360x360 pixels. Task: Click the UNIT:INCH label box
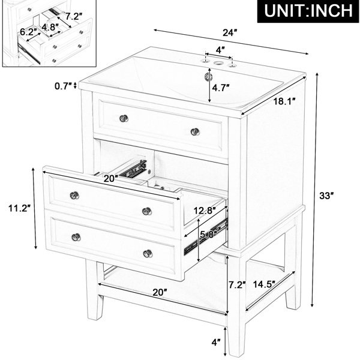(308, 11)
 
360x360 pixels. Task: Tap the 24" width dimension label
(230, 33)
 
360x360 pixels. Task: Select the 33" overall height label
(326, 196)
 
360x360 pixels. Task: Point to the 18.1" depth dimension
(284, 101)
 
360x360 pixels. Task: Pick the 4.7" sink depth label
(221, 88)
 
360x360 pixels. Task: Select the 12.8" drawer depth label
(205, 211)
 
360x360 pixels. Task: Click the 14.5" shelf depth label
(264, 284)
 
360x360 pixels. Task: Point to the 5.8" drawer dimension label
(208, 235)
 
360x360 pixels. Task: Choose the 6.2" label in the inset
(28, 32)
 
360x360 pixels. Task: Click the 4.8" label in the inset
(50, 27)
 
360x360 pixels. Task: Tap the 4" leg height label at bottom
(215, 343)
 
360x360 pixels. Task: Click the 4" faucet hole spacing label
(220, 50)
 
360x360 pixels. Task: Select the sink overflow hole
(208, 76)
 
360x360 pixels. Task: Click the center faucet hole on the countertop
(217, 62)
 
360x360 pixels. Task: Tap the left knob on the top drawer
(124, 118)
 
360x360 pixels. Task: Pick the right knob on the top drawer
(195, 131)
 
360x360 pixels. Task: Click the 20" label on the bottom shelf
(160, 292)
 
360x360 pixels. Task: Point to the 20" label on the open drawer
(111, 178)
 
